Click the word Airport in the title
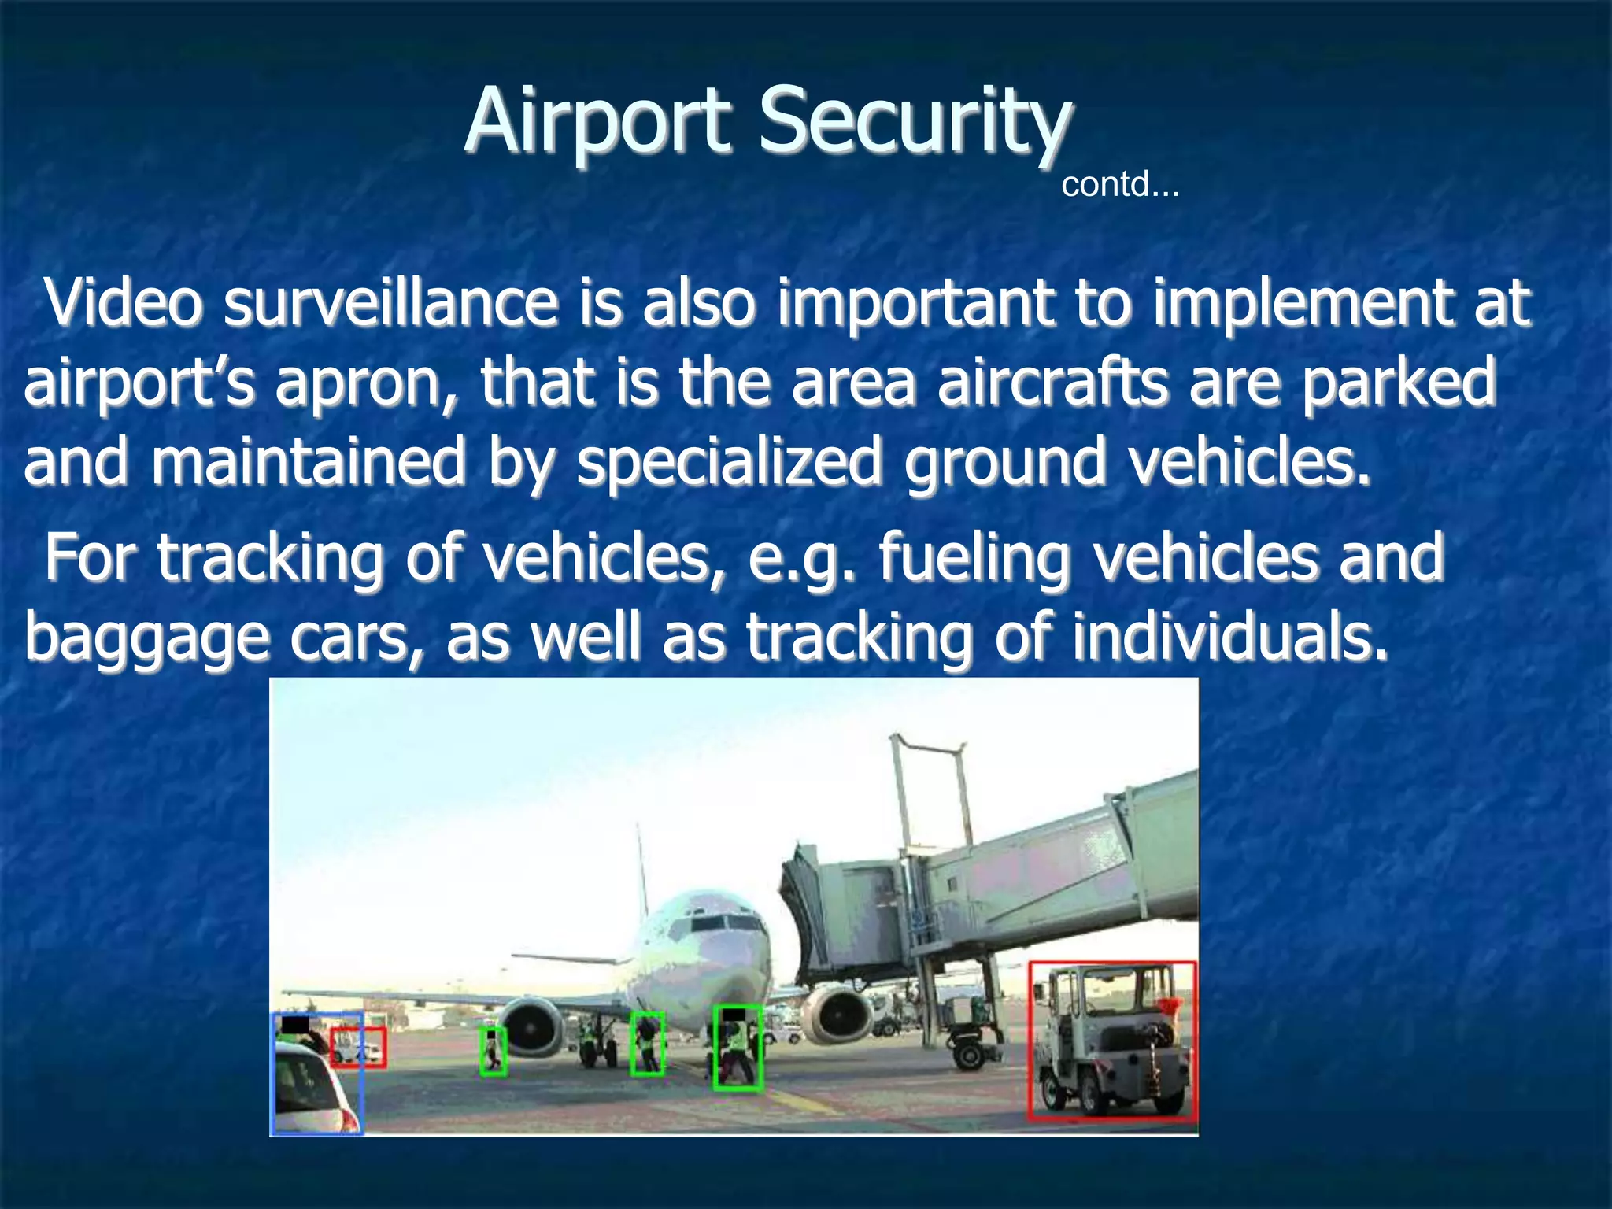(597, 122)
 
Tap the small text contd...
(1119, 185)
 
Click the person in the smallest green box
(493, 1051)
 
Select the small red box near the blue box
(358, 1047)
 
